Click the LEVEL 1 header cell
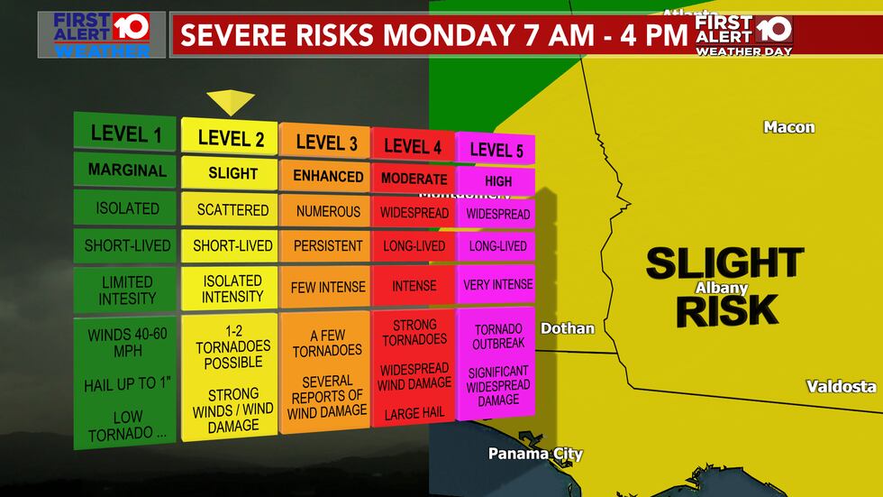125,134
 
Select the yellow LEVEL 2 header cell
231,137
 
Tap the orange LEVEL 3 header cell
326,142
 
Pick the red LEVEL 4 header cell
414,145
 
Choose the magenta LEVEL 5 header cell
496,150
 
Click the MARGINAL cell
127,170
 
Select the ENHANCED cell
327,176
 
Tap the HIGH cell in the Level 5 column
497,180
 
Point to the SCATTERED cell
232,209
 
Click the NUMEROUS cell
326,212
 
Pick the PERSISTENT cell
327,245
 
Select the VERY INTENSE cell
497,284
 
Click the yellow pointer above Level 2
231,102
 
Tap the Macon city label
788,127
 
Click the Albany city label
721,288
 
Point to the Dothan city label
567,328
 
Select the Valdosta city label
840,386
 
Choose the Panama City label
535,454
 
